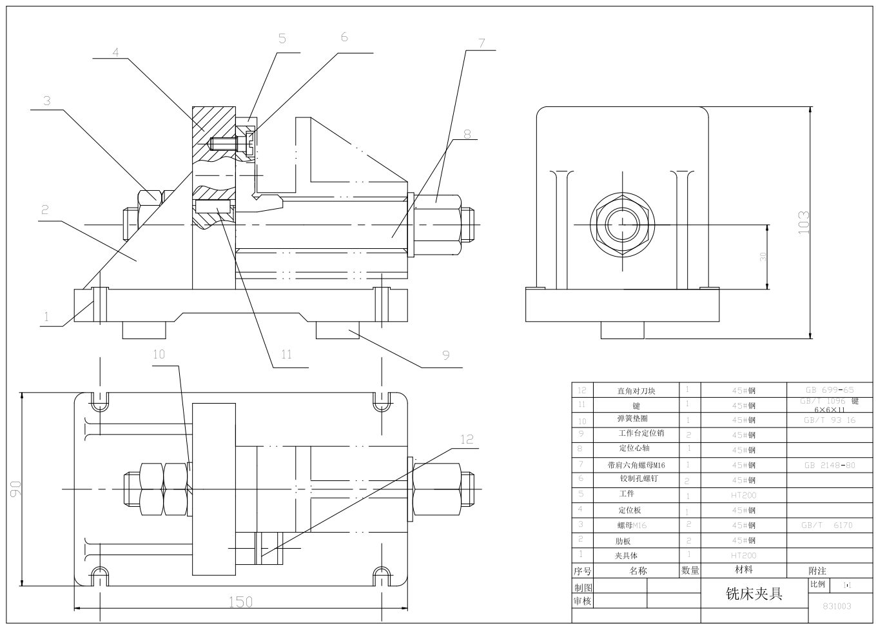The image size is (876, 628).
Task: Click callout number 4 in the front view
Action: point(116,52)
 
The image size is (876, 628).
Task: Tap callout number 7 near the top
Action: point(481,43)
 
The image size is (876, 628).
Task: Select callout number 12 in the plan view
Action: point(467,439)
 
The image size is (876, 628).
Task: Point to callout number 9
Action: point(445,355)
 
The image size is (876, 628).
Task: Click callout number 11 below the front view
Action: point(286,354)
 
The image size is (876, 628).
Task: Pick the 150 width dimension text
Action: point(240,602)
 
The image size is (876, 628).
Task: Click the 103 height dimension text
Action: point(803,222)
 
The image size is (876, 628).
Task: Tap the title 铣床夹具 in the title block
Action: point(754,593)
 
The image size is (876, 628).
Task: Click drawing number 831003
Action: point(837,606)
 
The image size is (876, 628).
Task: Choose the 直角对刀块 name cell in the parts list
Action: point(636,391)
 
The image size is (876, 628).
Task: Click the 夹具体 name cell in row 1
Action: point(626,555)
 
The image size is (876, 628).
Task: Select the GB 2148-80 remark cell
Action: point(829,465)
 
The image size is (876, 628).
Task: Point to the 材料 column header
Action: point(743,570)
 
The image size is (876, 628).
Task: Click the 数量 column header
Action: point(690,571)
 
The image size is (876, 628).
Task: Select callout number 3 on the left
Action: point(46,101)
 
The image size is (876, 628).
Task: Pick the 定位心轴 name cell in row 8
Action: point(634,448)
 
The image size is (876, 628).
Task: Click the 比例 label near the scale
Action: point(817,584)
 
